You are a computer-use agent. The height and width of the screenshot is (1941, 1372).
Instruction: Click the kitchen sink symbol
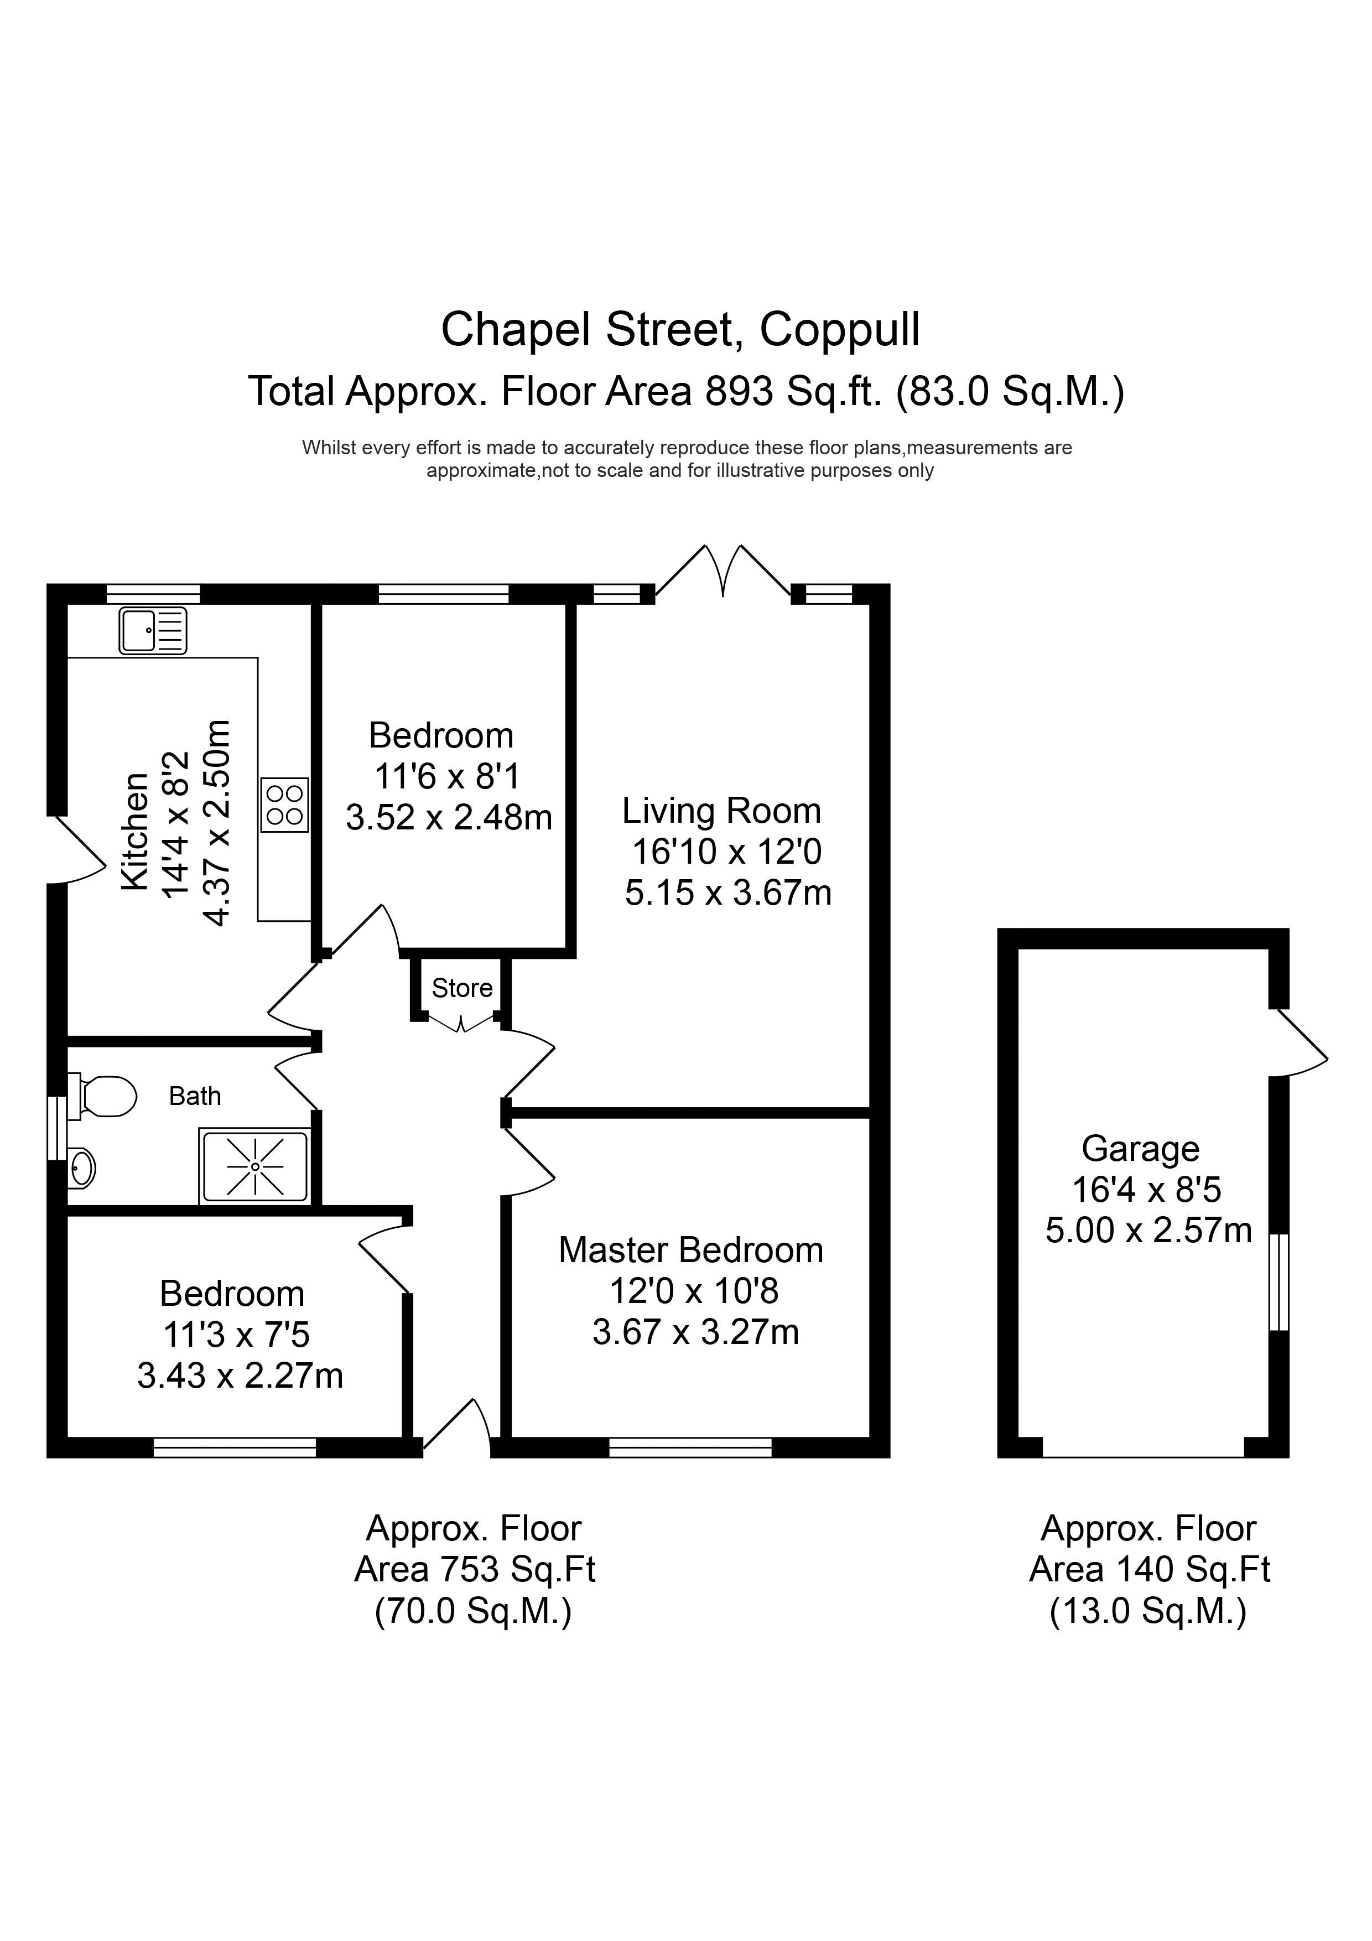point(153,631)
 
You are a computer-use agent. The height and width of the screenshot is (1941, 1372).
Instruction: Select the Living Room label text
point(721,811)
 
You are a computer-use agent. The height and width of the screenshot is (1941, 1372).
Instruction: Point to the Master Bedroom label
point(690,1250)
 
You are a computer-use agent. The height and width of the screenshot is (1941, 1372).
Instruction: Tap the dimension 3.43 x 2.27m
point(240,1376)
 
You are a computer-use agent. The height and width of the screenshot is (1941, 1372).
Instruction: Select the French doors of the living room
point(724,572)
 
